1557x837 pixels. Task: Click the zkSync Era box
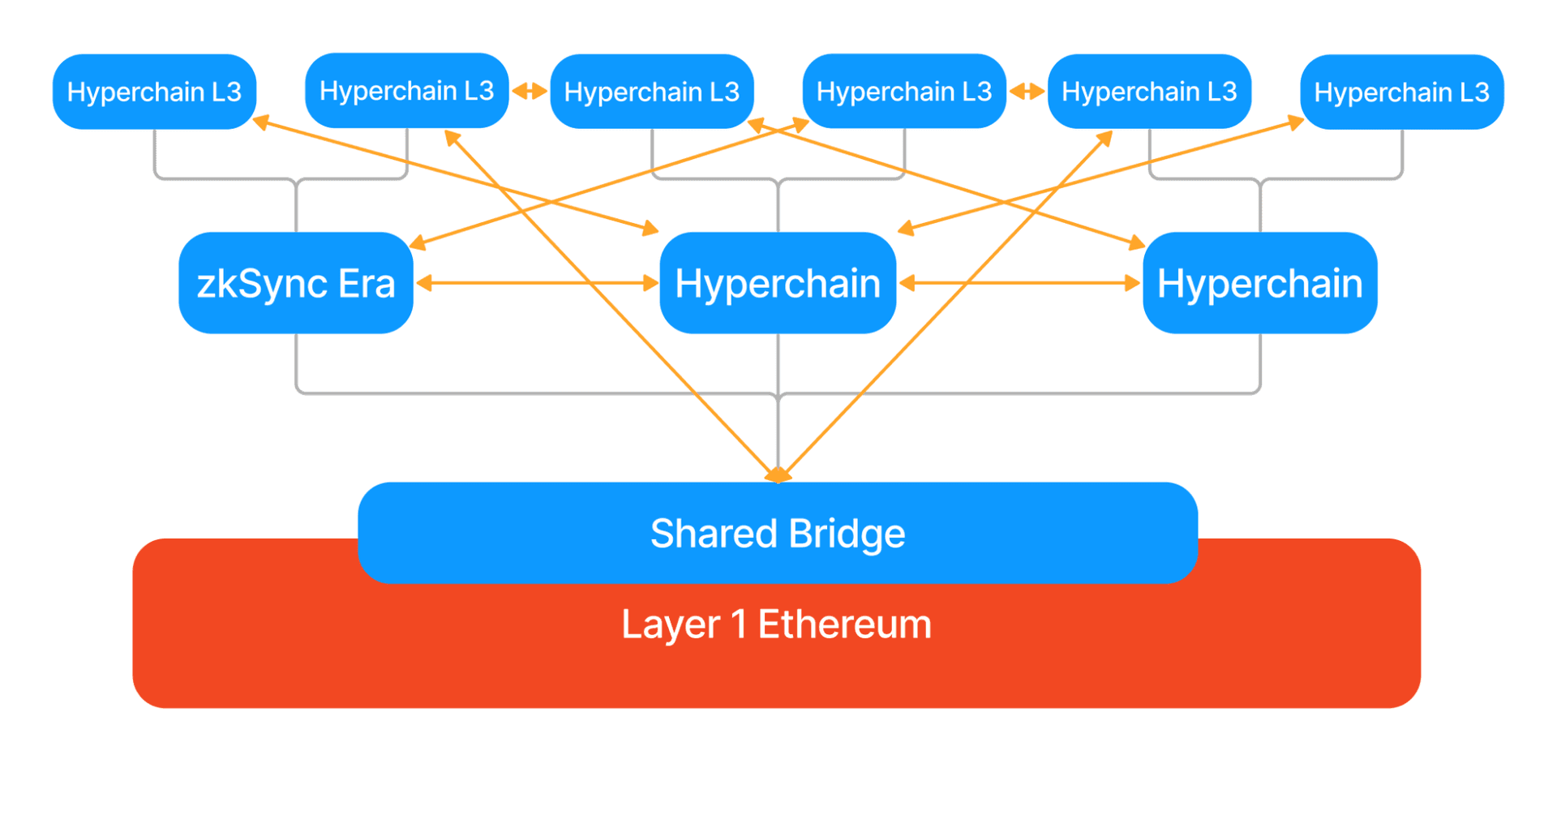click(295, 283)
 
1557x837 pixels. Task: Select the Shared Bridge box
click(777, 533)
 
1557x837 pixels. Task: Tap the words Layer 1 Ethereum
click(776, 625)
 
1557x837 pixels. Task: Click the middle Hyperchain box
click(777, 283)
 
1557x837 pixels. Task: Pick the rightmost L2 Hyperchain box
click(1259, 283)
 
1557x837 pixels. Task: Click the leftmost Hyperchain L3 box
click(154, 92)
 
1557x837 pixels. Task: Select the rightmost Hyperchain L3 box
click(1400, 92)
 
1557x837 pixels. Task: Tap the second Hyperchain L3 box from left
click(406, 91)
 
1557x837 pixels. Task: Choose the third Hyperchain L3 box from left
click(651, 92)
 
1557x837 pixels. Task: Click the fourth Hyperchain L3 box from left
click(903, 91)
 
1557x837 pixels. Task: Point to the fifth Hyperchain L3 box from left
click(1148, 92)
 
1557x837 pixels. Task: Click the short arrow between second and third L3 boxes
click(530, 91)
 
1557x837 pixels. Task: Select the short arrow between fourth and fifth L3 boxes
click(1027, 92)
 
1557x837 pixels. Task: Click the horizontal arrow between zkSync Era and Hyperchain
click(536, 283)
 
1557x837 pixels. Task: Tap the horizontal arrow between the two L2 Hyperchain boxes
click(1019, 283)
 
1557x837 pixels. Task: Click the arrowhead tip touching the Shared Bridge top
click(778, 477)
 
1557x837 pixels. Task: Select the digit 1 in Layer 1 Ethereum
click(738, 625)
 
